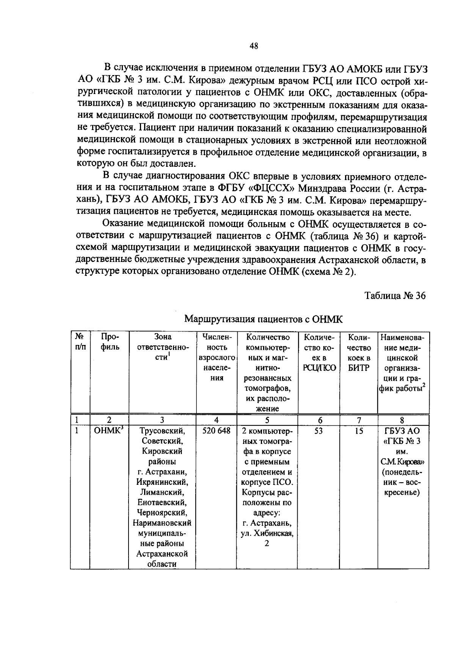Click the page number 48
tap(254, 46)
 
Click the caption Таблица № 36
tap(395, 295)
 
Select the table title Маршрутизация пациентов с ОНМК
tap(263, 319)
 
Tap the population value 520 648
tap(216, 431)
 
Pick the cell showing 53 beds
tap(318, 431)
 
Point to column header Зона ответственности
tap(162, 347)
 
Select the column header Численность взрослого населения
tap(217, 357)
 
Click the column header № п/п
tap(80, 342)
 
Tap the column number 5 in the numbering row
tap(267, 420)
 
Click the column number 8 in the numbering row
tap(402, 420)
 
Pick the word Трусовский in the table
tap(162, 431)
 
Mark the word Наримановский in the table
tap(162, 523)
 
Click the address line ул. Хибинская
tap(267, 533)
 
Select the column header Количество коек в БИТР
tap(359, 353)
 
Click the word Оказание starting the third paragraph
tap(122, 224)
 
